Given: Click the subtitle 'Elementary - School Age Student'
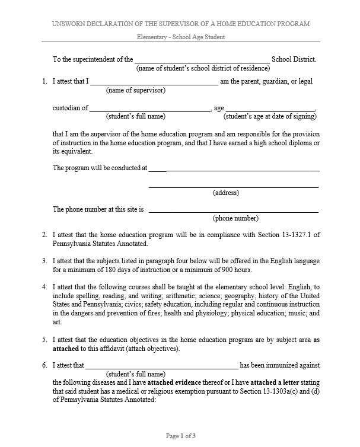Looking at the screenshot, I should [x=180, y=37].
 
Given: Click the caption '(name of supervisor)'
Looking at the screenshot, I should [x=135, y=91].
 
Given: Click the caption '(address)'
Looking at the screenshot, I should [x=225, y=193].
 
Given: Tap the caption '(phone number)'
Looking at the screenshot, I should [x=235, y=218].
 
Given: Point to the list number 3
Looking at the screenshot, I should [x=44, y=261].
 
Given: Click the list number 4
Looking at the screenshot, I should [x=44, y=287].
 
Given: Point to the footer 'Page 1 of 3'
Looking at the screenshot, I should [x=180, y=436].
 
